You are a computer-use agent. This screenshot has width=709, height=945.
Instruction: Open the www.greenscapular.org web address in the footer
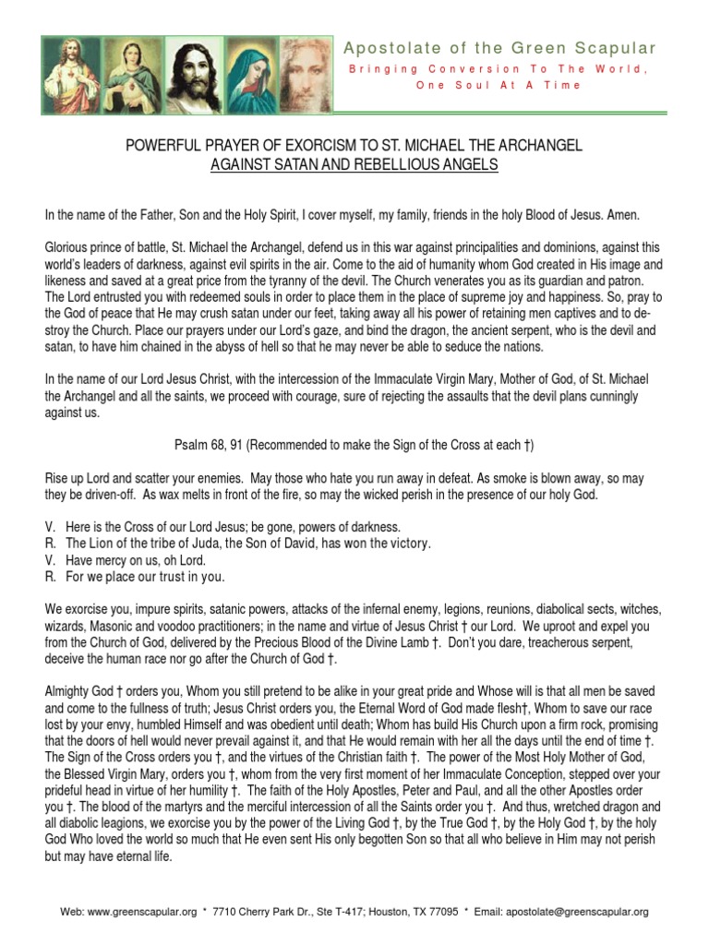[x=141, y=912]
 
